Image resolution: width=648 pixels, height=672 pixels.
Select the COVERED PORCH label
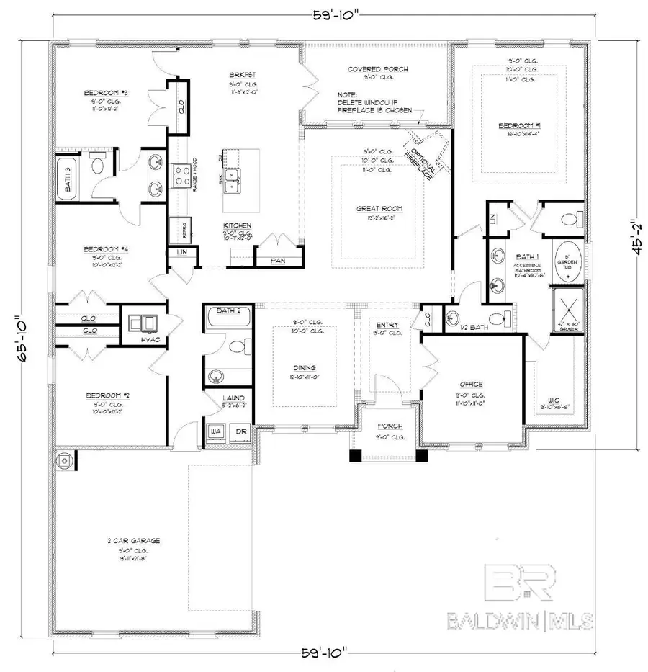point(378,69)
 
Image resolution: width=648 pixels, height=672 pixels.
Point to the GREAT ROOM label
point(379,208)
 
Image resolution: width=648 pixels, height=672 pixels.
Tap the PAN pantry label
point(276,260)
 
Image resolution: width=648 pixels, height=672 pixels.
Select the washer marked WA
point(215,431)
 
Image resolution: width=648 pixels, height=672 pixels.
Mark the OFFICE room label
point(471,384)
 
